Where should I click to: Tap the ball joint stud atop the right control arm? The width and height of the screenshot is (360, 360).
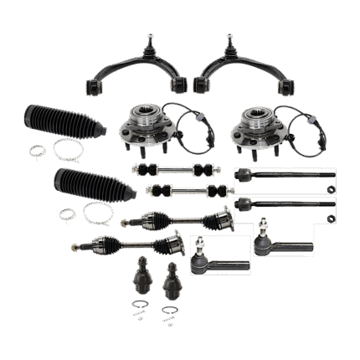(x=229, y=41)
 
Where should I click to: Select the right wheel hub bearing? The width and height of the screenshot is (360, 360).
(x=252, y=126)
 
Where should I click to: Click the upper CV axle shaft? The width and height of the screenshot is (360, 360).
(x=176, y=219)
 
